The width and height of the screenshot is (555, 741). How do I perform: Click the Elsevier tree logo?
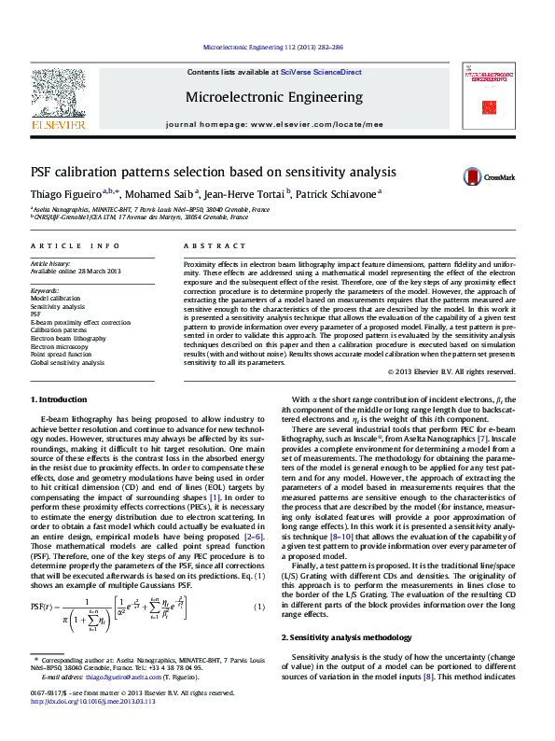[x=59, y=93]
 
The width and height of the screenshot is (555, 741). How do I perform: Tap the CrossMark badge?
[x=485, y=176]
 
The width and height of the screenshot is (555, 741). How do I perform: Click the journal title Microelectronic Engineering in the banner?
[x=274, y=97]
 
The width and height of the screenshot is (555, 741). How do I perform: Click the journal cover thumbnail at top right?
[x=491, y=96]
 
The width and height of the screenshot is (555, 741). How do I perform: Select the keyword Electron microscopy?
[x=64, y=346]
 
